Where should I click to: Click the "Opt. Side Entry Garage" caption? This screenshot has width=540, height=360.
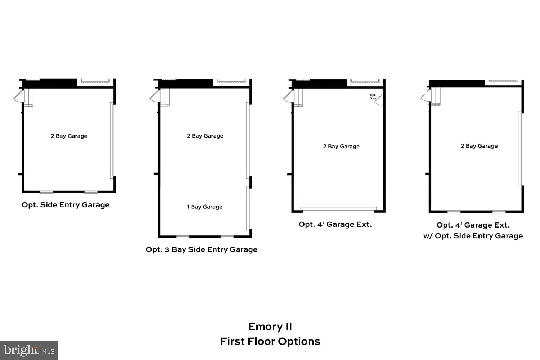tap(66, 205)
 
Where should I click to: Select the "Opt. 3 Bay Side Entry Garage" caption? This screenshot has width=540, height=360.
tap(201, 249)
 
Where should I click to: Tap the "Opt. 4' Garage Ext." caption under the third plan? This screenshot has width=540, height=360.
tap(335, 224)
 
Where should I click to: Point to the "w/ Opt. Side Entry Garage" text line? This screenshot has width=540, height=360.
tap(473, 236)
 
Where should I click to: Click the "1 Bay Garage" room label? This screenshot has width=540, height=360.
tap(204, 207)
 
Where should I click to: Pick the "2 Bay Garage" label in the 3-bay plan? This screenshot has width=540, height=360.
tap(205, 136)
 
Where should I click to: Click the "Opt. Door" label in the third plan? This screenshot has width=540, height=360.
tap(373, 97)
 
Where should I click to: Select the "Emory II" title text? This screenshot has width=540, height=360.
tap(270, 327)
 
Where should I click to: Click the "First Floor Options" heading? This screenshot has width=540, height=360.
tap(270, 341)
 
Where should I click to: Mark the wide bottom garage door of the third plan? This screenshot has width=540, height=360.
tap(338, 208)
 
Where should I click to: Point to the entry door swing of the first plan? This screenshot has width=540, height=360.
tap(18, 96)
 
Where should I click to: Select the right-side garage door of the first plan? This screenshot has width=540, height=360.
tap(112, 140)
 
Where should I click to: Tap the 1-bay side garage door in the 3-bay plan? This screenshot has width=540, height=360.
tap(248, 208)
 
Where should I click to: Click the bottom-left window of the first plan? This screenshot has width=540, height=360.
tap(46, 192)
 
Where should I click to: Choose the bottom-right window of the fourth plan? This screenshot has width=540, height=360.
tap(499, 212)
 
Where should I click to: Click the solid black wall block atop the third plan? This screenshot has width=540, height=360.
tap(319, 84)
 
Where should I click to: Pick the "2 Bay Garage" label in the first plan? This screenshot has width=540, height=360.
tap(69, 136)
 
